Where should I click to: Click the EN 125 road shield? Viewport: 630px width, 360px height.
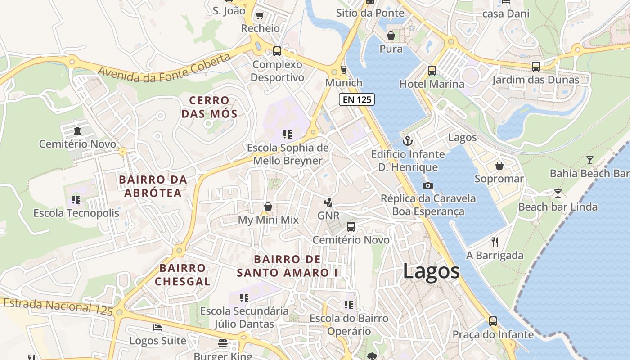click(357, 99)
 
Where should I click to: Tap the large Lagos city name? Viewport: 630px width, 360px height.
click(431, 271)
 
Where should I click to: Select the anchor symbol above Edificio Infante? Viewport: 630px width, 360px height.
click(408, 141)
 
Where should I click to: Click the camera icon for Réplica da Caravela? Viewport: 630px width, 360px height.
click(428, 185)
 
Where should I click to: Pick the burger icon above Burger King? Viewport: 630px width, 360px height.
click(223, 343)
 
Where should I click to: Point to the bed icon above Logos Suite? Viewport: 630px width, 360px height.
click(157, 327)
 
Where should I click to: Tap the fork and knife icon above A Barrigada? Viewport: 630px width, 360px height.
click(495, 242)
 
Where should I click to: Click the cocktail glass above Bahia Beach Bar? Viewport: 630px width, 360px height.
click(589, 160)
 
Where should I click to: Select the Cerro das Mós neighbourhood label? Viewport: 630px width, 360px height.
click(209, 107)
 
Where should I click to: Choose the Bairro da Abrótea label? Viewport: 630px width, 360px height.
click(153, 186)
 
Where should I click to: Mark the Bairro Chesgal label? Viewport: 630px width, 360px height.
click(183, 274)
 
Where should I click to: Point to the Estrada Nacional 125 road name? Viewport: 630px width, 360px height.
click(58, 306)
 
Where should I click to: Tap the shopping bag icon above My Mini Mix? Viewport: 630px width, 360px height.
click(268, 207)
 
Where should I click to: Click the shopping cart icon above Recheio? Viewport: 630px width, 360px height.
click(260, 16)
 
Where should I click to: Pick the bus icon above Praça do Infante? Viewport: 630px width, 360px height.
click(493, 321)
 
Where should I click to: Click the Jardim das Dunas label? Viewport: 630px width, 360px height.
click(535, 80)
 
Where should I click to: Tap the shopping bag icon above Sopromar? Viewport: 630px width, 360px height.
click(499, 166)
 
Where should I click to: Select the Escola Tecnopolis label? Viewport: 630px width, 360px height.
click(76, 213)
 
